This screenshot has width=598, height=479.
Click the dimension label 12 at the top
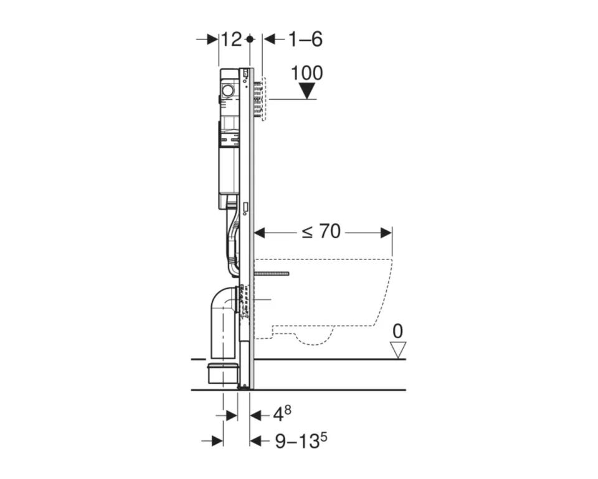click(232, 39)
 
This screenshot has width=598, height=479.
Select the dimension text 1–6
click(305, 39)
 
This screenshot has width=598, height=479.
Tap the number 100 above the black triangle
click(307, 73)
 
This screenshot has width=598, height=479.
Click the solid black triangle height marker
click(307, 91)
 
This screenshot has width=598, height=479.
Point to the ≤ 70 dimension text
click(321, 231)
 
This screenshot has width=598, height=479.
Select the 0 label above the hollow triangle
click(398, 332)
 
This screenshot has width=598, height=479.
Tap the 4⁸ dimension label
click(282, 414)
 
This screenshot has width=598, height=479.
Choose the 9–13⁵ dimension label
click(301, 441)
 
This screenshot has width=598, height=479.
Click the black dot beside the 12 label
click(250, 39)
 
